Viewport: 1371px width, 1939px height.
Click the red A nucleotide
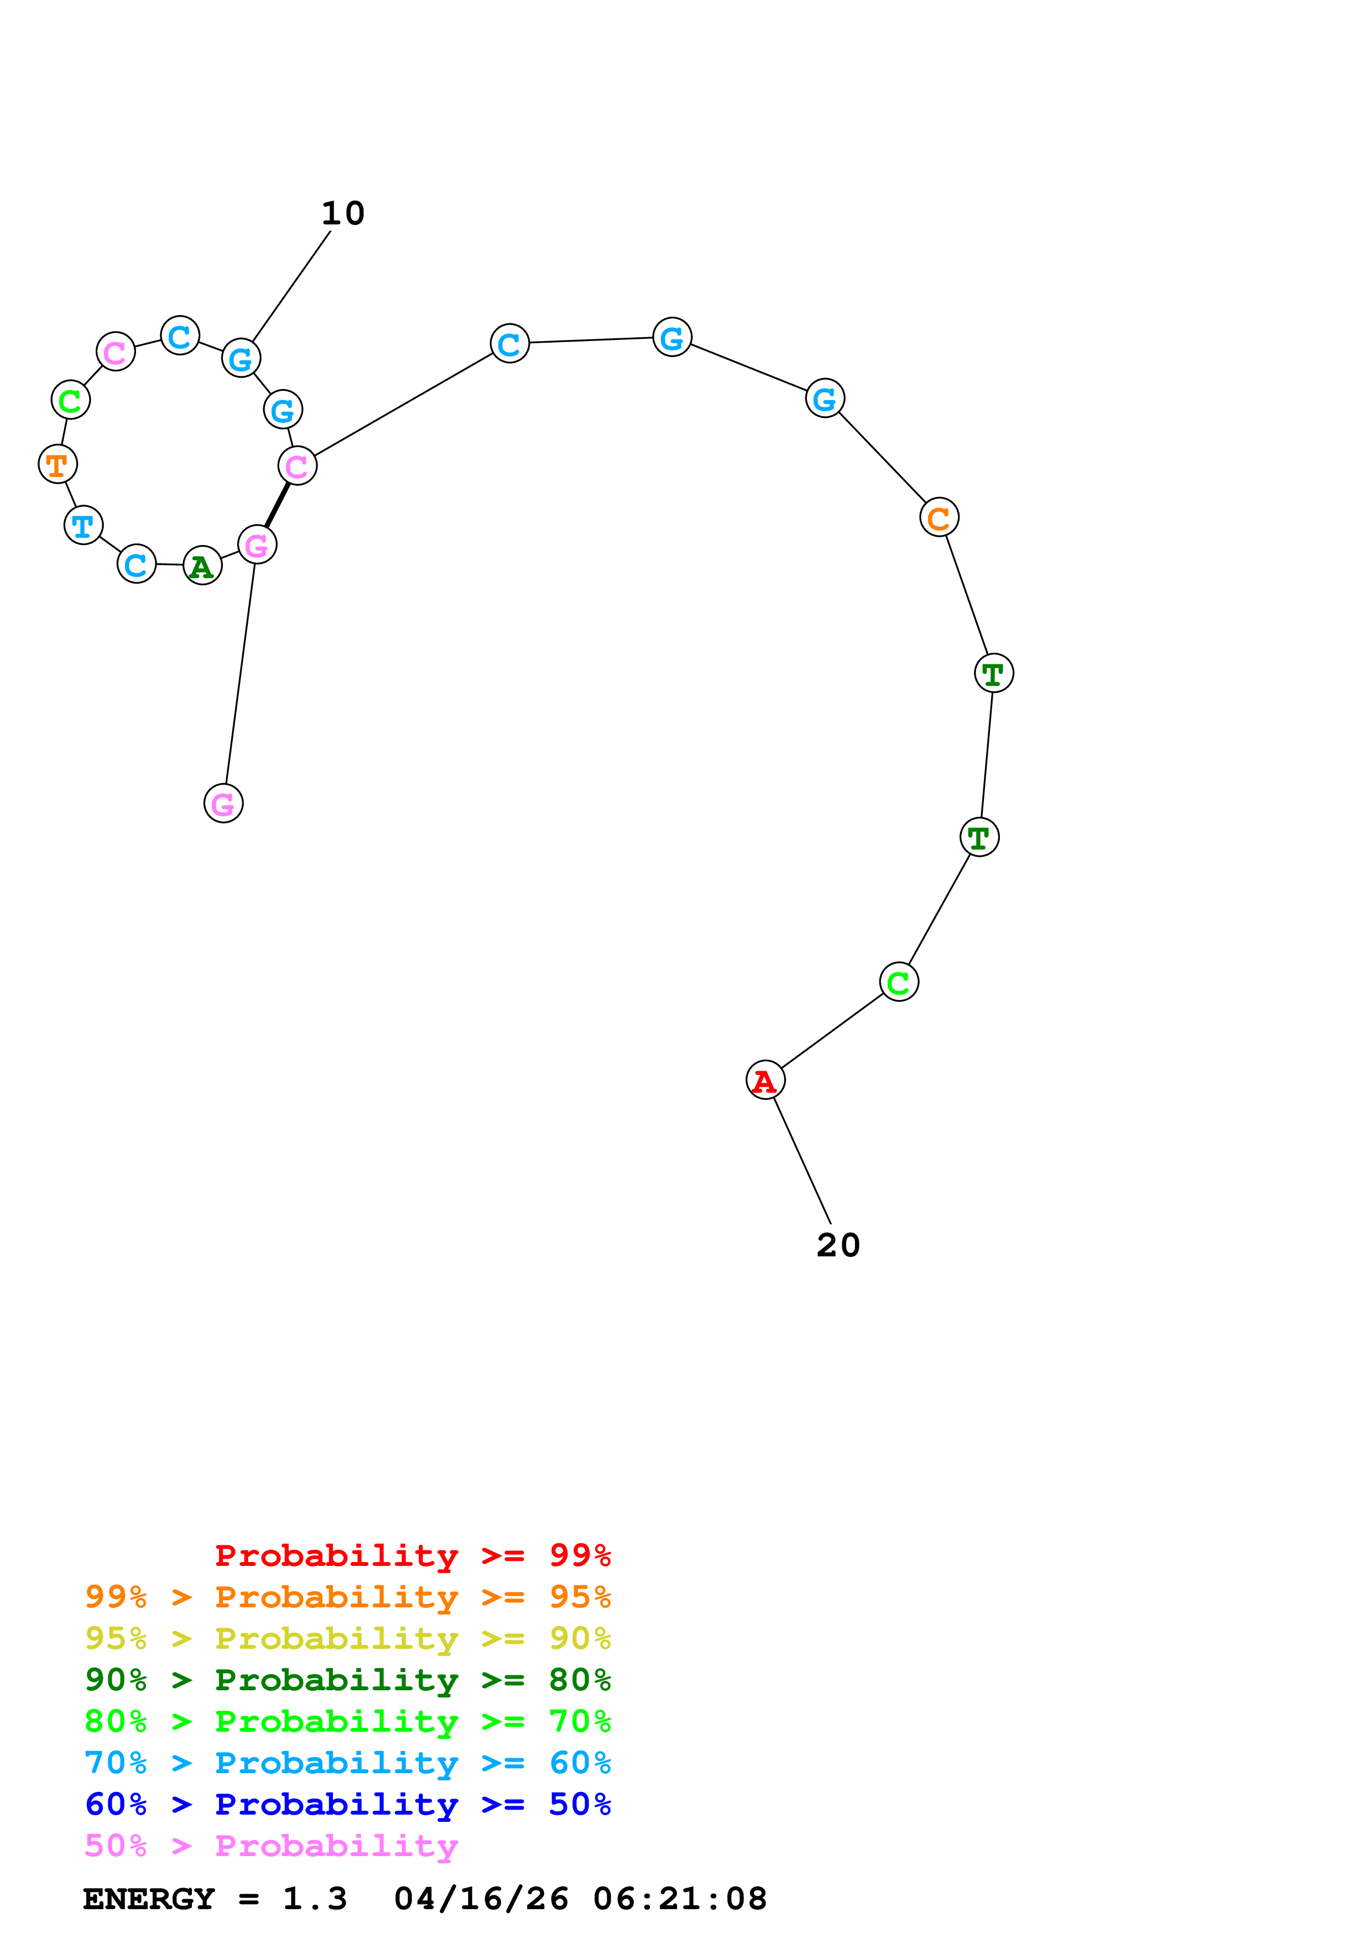(x=765, y=1080)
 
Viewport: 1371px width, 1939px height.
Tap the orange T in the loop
(x=58, y=464)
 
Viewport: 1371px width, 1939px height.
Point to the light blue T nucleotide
(x=84, y=525)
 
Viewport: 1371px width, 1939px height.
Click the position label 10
(x=343, y=214)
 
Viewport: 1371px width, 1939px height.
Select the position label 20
(x=838, y=1245)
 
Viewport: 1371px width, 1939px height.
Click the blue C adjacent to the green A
(x=137, y=564)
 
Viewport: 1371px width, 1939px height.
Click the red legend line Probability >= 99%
(x=413, y=1555)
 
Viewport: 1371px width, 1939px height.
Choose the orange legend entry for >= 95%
(x=348, y=1597)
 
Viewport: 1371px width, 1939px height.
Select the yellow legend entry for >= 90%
(x=348, y=1638)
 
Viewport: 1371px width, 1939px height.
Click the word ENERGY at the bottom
(x=149, y=1899)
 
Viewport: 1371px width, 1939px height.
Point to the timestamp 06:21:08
(x=680, y=1899)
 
